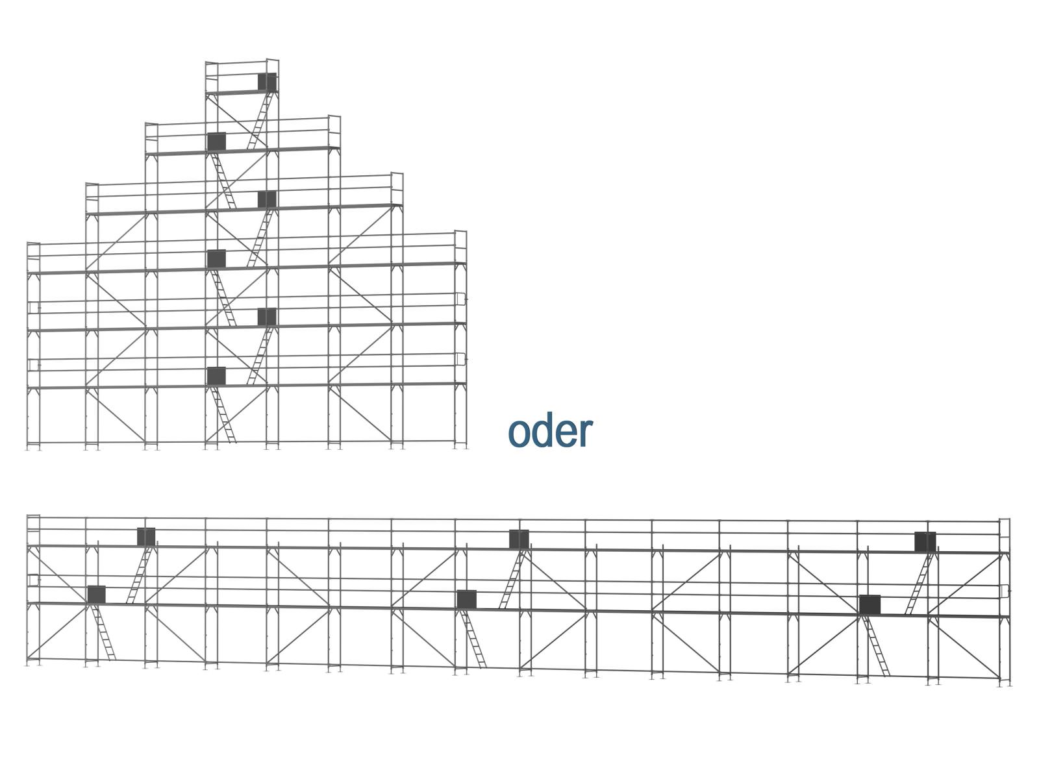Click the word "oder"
(x=550, y=431)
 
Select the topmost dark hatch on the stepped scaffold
(x=267, y=82)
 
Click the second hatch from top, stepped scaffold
(x=216, y=141)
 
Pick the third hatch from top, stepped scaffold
(x=267, y=199)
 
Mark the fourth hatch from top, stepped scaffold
(x=216, y=258)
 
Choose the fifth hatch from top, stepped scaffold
(x=267, y=317)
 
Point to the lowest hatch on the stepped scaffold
(x=216, y=376)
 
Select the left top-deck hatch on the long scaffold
(x=146, y=536)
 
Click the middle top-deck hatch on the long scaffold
(x=519, y=539)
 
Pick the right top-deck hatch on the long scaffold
(x=925, y=542)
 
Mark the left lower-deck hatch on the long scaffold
(x=96, y=593)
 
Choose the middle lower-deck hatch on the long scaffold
(x=466, y=599)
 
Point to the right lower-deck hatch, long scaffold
(x=870, y=604)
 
